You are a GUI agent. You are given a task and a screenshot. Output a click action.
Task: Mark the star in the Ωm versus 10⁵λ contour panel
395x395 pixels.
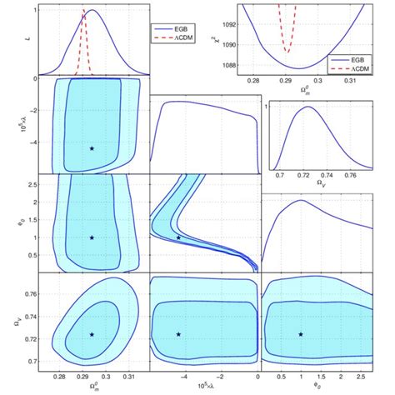point(92,148)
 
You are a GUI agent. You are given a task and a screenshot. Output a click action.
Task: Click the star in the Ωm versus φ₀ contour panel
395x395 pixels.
point(92,237)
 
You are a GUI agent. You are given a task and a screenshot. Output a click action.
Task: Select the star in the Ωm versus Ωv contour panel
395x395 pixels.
point(92,334)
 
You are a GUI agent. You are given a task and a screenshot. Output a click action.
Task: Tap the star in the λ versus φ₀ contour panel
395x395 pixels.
point(178,237)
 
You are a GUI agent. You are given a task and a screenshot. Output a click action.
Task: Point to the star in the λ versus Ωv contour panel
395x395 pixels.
point(178,334)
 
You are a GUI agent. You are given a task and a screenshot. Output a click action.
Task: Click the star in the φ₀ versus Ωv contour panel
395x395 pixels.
point(301,334)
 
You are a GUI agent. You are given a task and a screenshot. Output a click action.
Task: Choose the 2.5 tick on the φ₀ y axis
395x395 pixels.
point(41,183)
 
